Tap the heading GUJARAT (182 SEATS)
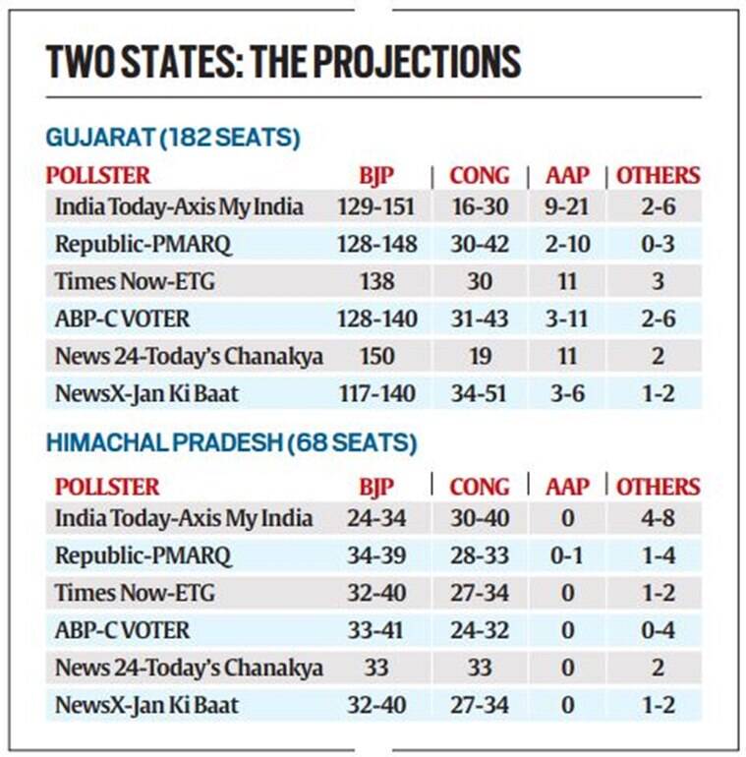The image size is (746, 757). click(x=172, y=139)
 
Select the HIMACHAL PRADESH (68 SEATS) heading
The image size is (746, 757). click(x=231, y=444)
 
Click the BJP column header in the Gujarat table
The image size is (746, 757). click(x=377, y=176)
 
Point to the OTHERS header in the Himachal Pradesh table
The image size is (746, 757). click(x=658, y=487)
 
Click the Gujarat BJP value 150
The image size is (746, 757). click(x=377, y=356)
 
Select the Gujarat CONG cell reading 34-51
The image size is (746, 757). click(x=479, y=394)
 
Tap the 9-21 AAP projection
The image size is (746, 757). click(x=568, y=207)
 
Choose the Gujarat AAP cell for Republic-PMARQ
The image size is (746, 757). click(x=568, y=244)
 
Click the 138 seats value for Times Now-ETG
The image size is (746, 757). click(x=377, y=282)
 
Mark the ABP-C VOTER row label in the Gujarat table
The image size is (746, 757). click(x=123, y=320)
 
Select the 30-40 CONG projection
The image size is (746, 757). click(x=479, y=519)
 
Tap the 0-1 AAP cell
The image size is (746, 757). click(x=568, y=555)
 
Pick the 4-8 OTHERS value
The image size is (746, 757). click(x=658, y=519)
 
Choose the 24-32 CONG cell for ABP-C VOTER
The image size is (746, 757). click(x=479, y=630)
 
